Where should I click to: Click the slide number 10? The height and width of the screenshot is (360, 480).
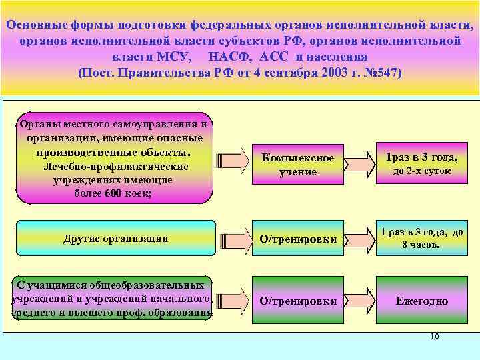point(434,337)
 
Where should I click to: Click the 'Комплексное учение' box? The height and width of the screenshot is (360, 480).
point(297,165)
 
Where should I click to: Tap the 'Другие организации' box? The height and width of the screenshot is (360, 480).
point(115,238)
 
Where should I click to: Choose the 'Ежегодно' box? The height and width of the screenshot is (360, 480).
point(421,301)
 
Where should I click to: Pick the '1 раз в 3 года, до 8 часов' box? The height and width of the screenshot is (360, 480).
point(421,238)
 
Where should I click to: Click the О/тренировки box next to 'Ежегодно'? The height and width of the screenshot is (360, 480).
point(297,301)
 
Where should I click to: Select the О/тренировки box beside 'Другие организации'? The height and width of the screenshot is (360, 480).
point(297,239)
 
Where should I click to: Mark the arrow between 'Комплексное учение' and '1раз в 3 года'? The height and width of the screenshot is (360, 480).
point(361,161)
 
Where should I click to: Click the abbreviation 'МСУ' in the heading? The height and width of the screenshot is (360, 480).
point(176,56)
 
